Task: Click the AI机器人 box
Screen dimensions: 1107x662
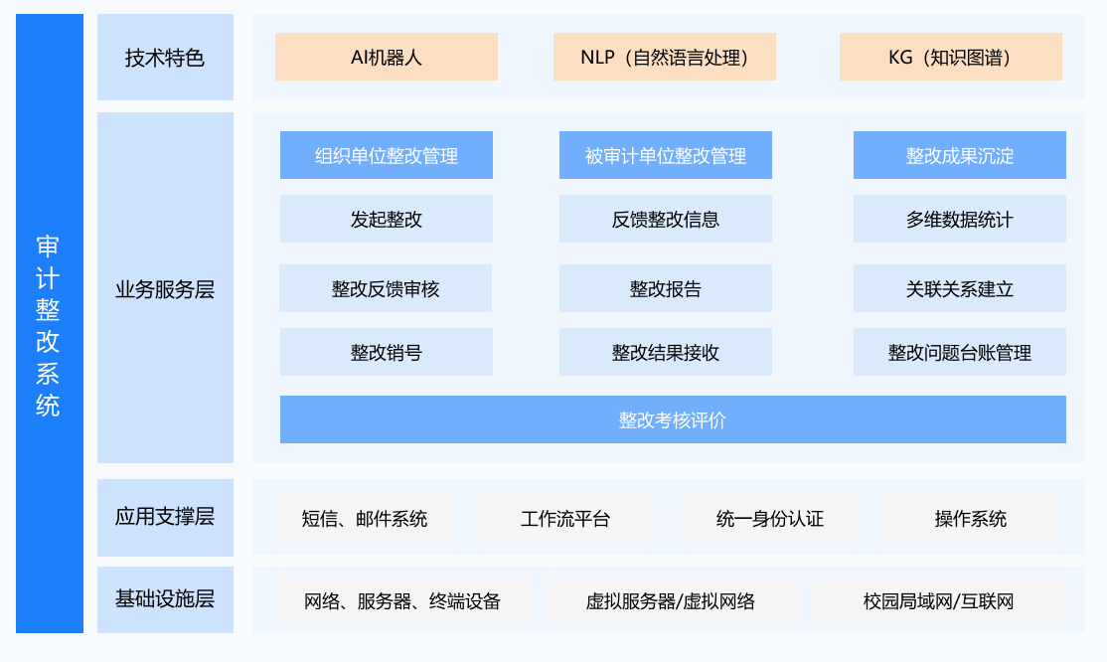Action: click(387, 57)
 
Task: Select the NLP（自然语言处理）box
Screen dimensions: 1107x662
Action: click(665, 57)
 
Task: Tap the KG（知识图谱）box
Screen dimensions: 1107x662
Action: click(950, 57)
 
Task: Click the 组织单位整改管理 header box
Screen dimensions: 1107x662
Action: click(387, 155)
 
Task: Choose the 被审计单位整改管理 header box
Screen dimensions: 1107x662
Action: click(665, 155)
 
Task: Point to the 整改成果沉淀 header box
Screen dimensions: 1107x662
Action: click(960, 155)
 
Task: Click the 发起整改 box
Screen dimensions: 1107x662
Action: click(387, 219)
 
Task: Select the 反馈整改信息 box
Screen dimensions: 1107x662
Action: click(665, 219)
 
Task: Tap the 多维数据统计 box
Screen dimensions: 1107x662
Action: click(960, 219)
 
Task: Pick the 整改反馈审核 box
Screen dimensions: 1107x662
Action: click(386, 288)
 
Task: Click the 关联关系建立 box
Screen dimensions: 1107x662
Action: click(960, 288)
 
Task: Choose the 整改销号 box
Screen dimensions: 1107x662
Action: click(387, 352)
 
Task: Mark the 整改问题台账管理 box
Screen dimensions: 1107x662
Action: click(960, 352)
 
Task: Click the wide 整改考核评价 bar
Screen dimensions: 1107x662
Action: click(673, 419)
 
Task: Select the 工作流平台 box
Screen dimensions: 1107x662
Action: click(565, 519)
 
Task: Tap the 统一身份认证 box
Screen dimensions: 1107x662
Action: click(769, 519)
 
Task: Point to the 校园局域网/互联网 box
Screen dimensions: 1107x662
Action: click(938, 601)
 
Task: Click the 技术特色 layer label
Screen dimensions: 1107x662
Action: click(165, 58)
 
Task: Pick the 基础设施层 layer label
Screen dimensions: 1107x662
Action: click(165, 599)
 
